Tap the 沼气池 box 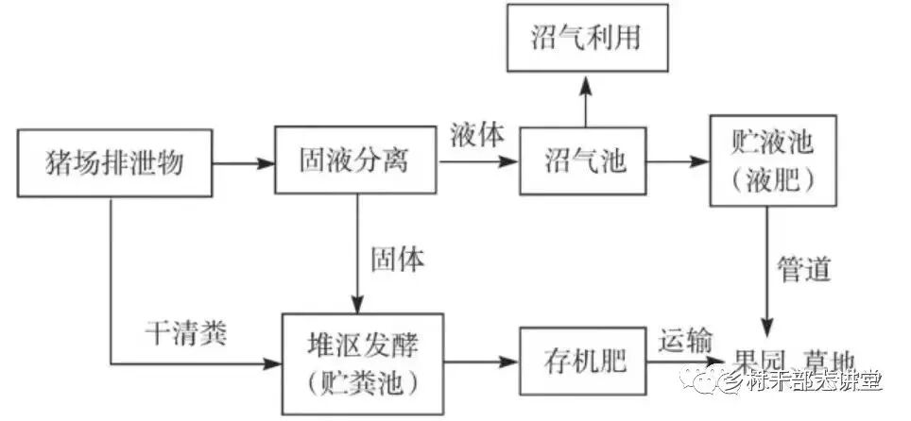pos(586,162)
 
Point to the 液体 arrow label pos(477,134)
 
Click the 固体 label pos(397,258)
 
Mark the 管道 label pos(804,269)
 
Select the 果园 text pos(763,362)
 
